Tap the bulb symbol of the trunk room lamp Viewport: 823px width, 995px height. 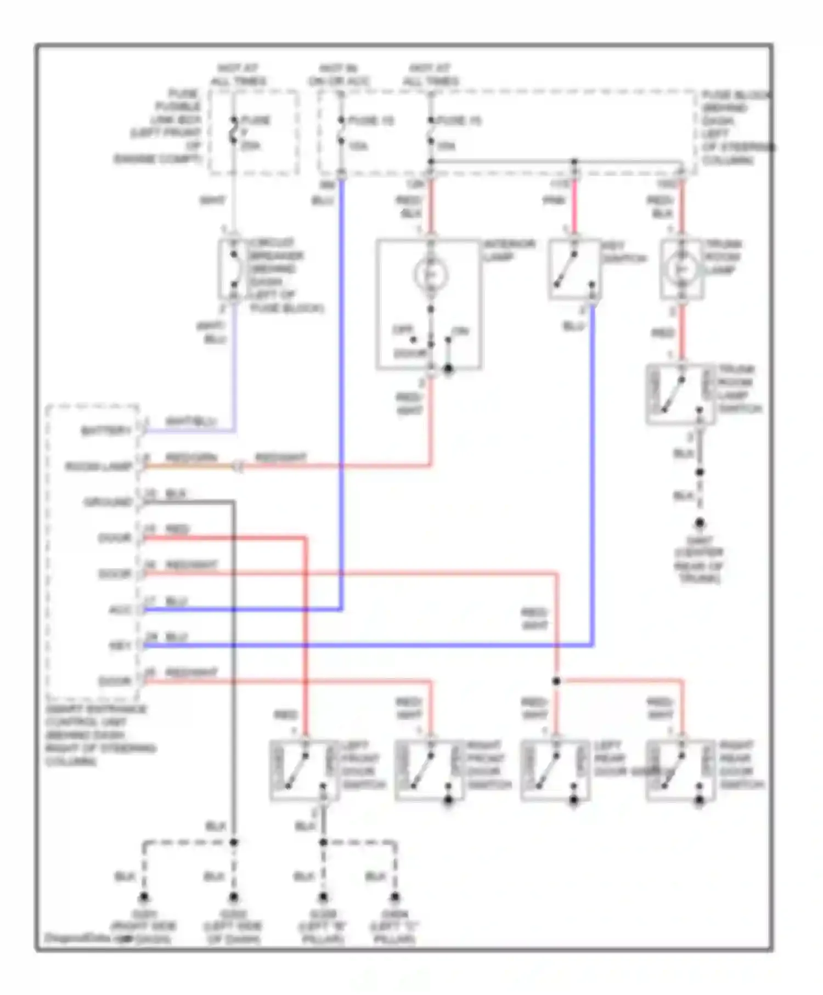pos(682,269)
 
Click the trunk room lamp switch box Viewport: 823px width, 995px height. pos(680,394)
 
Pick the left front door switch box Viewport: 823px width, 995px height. pos(303,770)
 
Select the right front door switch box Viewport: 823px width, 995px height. pos(429,770)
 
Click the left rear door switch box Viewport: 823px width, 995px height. pos(555,770)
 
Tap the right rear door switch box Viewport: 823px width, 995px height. pos(680,770)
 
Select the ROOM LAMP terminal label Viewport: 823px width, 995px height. pos(99,467)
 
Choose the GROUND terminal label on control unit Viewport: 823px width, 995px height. pos(108,502)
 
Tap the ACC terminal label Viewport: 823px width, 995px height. pos(120,610)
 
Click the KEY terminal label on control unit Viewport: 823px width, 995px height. pos(120,646)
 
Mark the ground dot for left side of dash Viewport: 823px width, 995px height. pos(234,897)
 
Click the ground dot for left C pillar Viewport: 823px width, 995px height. pos(395,897)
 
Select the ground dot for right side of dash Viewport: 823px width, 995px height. pos(144,897)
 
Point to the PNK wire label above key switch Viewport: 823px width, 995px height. pos(554,201)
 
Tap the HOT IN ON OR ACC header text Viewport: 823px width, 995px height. pos(339,75)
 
